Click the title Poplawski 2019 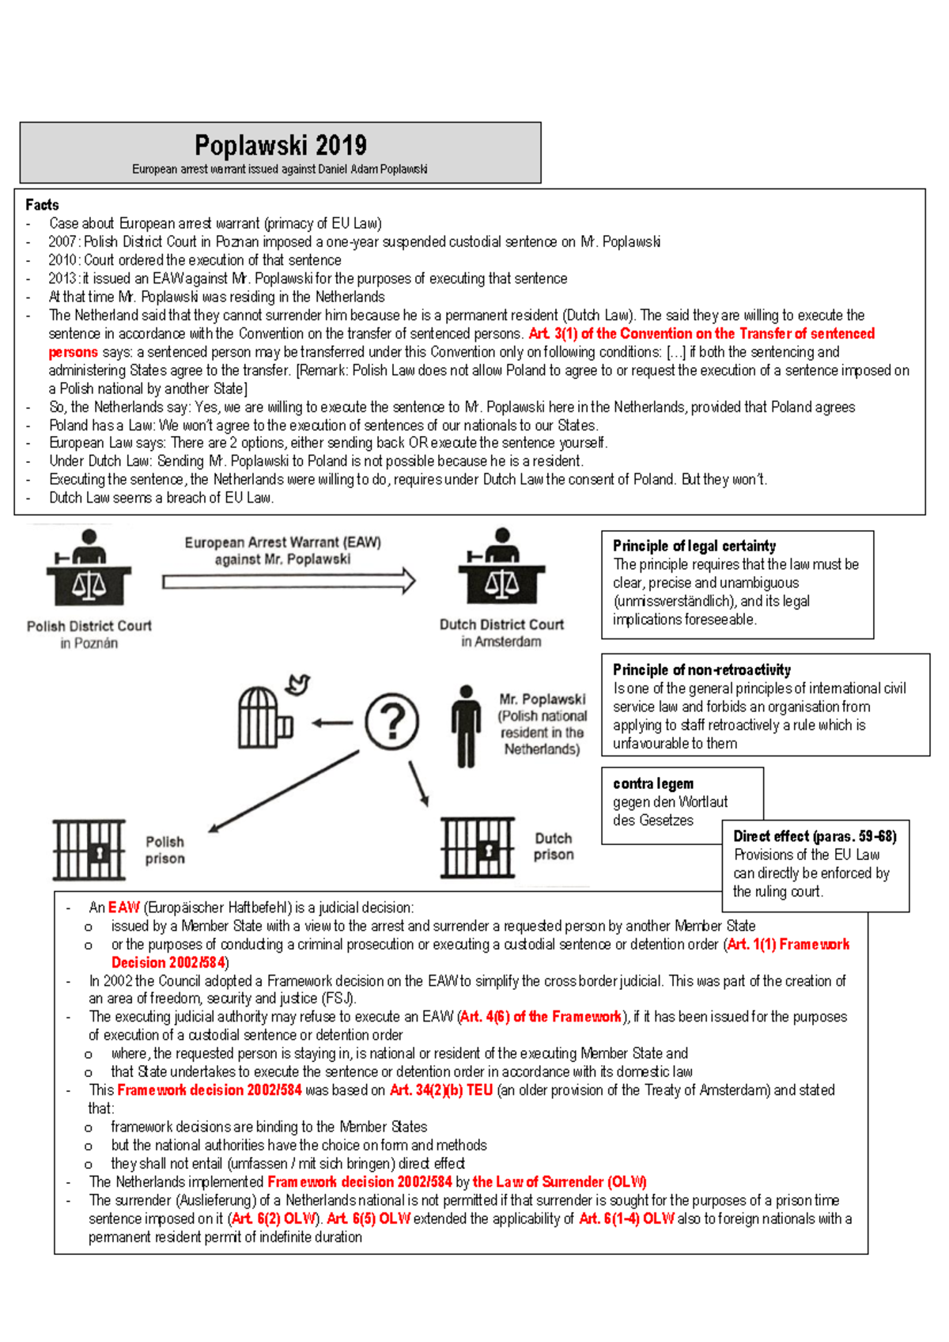click(x=280, y=146)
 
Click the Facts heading click(x=42, y=205)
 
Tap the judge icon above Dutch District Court click(x=501, y=567)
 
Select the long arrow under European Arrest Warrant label click(x=289, y=582)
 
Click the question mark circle click(x=391, y=721)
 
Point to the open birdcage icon click(x=263, y=718)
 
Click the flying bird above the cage click(x=298, y=684)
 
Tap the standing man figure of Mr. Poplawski click(x=466, y=726)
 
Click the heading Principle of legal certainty click(x=694, y=546)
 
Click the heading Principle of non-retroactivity click(x=701, y=670)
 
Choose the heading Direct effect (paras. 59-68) click(x=815, y=836)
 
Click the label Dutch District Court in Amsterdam click(x=501, y=632)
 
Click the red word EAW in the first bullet click(x=123, y=908)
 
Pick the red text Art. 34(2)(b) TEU click(x=440, y=1090)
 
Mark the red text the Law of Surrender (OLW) click(x=559, y=1182)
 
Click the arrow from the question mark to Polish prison click(x=285, y=791)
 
